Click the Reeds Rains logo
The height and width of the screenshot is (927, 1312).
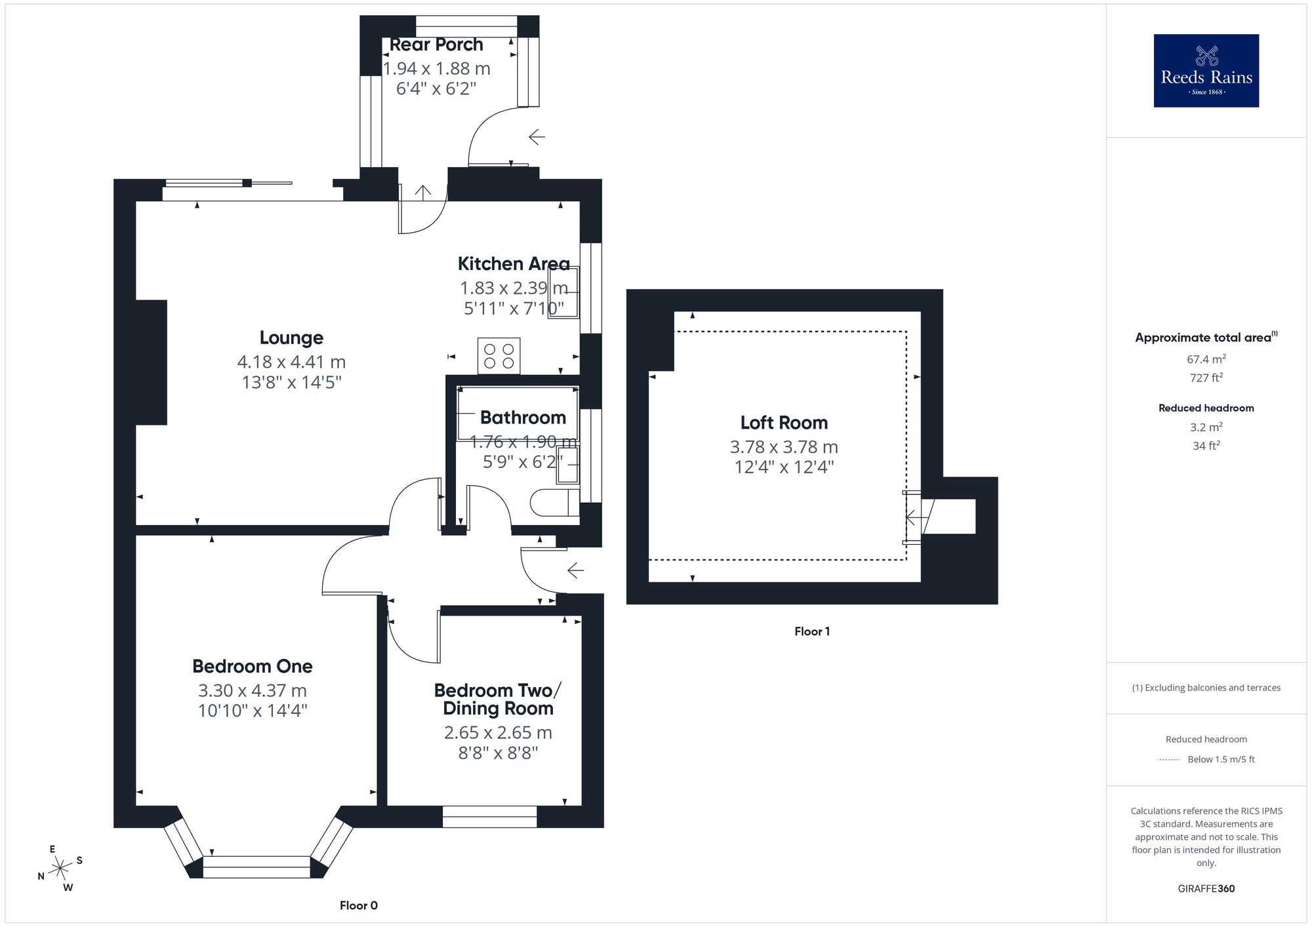[x=1206, y=71]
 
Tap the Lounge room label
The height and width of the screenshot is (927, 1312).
[x=291, y=338]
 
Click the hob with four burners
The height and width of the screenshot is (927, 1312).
[x=499, y=356]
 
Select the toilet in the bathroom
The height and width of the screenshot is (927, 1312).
[x=553, y=503]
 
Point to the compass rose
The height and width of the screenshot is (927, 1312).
[x=60, y=869]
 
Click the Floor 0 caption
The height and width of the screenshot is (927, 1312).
[x=358, y=905]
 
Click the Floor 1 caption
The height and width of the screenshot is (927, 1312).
[x=811, y=631]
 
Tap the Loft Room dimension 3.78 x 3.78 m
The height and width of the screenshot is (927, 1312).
[x=783, y=447]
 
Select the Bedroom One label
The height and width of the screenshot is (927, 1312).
[x=252, y=666]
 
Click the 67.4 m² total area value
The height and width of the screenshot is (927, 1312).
[x=1206, y=359]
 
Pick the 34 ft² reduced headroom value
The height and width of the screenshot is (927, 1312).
[x=1206, y=446]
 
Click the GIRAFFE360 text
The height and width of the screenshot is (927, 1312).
[x=1206, y=889]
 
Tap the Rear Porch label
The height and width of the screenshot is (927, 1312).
[x=436, y=45]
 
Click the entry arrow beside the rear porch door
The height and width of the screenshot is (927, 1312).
[x=537, y=137]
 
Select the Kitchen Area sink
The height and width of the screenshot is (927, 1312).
[x=564, y=292]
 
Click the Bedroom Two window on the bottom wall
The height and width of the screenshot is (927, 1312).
[x=489, y=816]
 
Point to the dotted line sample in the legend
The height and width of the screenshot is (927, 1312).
[x=1169, y=760]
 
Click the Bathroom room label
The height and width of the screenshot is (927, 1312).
[x=523, y=418]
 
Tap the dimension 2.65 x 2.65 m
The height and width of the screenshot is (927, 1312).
[x=498, y=732]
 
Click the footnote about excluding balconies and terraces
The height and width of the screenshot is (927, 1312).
[x=1206, y=688]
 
